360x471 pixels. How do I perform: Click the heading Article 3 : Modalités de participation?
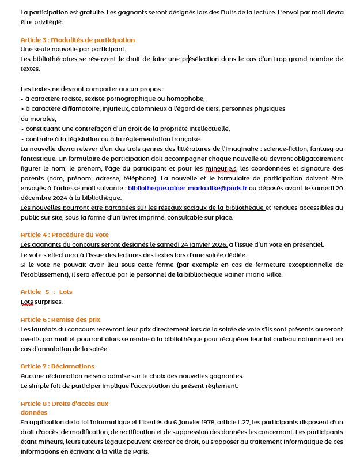[77, 40]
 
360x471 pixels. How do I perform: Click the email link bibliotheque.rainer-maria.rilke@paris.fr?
[188, 188]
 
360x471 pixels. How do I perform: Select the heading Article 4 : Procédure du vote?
[65, 235]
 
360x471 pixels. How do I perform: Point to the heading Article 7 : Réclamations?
[57, 366]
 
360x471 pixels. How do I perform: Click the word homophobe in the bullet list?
[185, 99]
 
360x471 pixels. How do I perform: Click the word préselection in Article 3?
[200, 59]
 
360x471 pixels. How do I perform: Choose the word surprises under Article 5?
[48, 302]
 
